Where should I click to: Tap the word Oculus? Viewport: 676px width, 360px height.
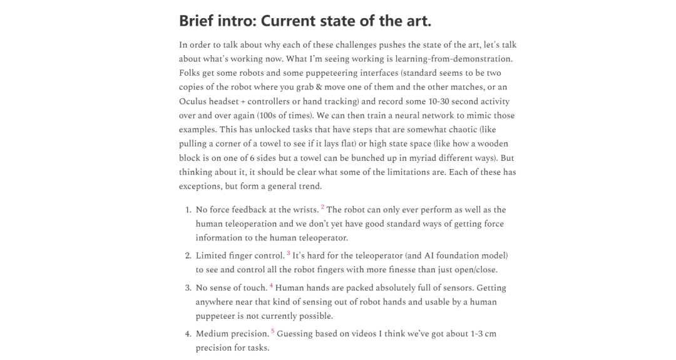194,101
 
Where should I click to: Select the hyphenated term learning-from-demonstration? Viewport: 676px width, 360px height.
444,59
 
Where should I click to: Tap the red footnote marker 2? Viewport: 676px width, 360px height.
322,207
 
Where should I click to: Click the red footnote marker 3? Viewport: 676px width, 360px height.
289,253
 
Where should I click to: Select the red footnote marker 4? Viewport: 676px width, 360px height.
271,285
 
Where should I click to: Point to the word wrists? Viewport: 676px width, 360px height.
304,210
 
